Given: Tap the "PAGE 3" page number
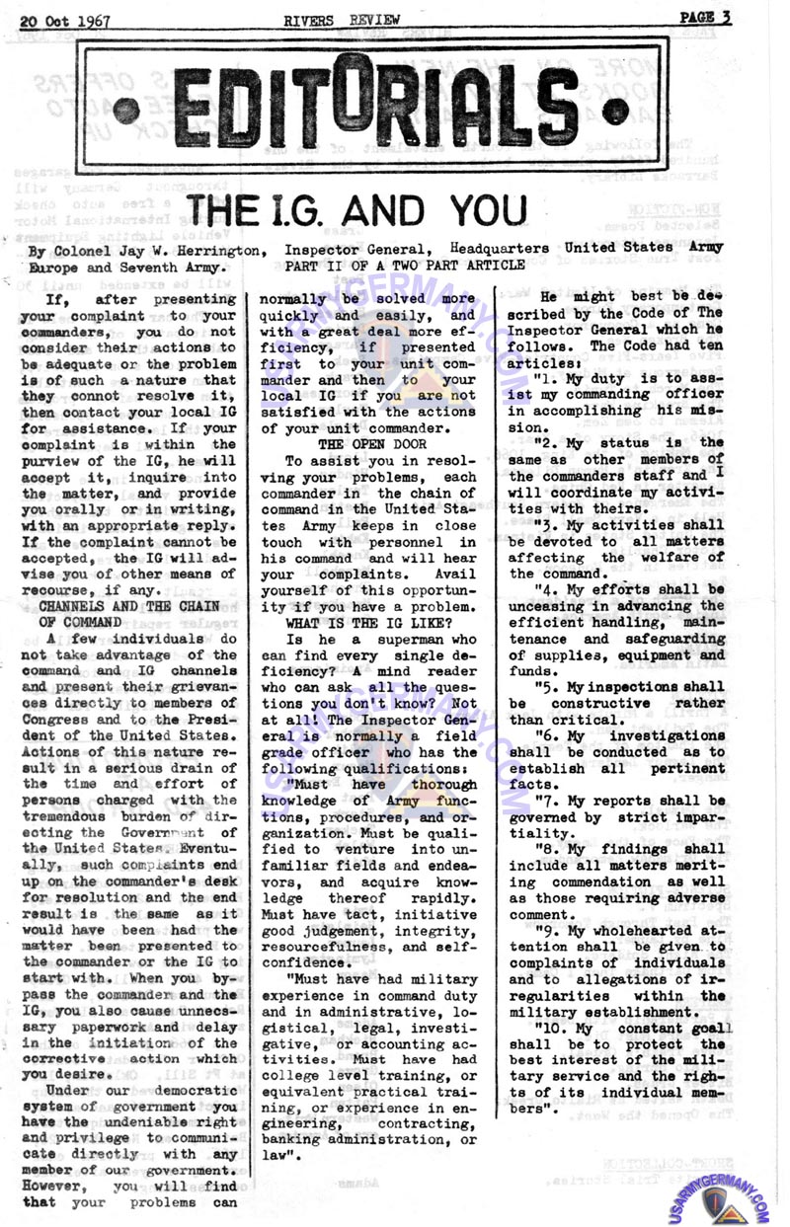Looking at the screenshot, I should coord(704,17).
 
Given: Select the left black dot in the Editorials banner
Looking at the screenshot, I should coord(125,110).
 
